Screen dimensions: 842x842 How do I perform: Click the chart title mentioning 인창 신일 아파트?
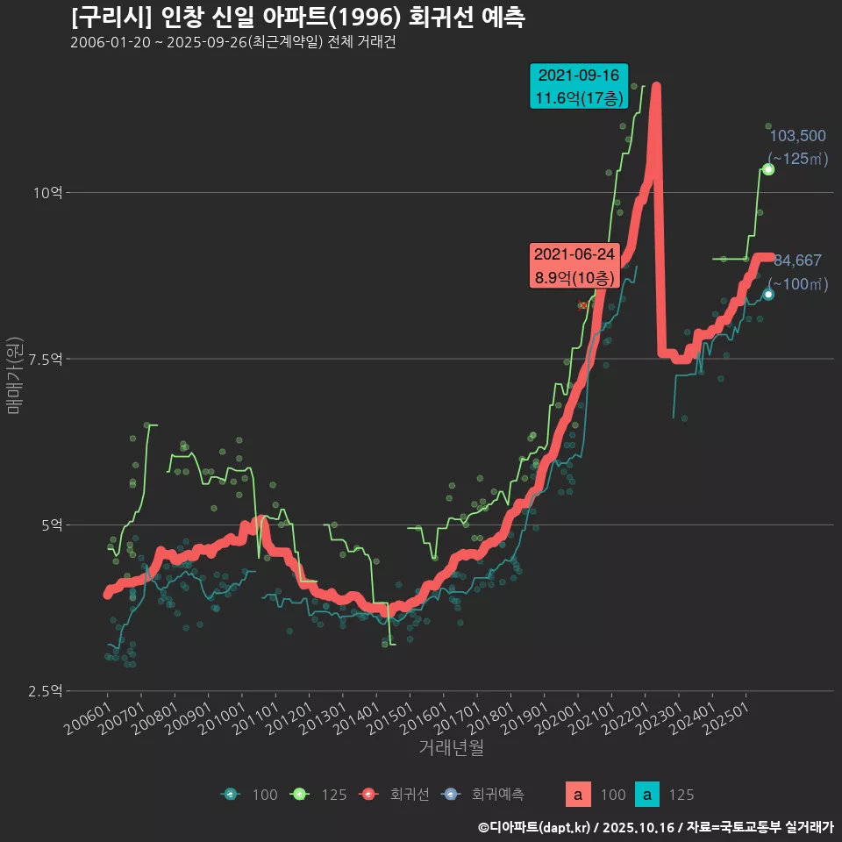coord(298,17)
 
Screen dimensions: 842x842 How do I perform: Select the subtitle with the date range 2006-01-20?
coord(232,43)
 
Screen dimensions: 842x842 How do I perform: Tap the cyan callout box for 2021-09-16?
coord(579,87)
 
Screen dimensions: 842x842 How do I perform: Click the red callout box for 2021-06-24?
coord(574,266)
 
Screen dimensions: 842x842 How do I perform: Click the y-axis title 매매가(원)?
coord(14,375)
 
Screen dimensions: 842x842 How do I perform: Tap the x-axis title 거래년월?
coord(451,747)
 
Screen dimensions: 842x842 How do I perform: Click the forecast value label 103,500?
coord(797,136)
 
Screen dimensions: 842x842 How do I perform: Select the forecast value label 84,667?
coord(797,260)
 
